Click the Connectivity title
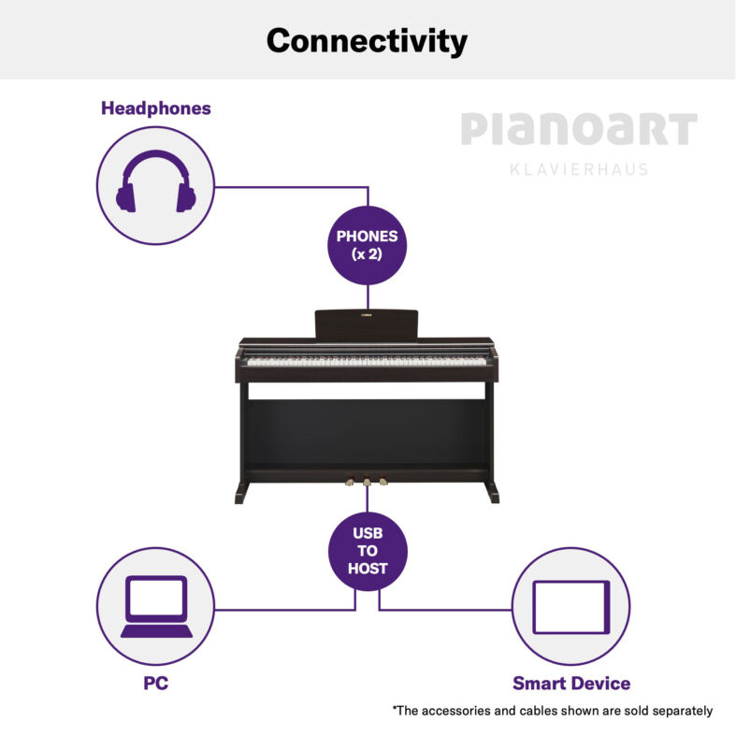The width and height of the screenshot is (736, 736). (367, 41)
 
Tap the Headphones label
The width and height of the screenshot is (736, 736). (156, 108)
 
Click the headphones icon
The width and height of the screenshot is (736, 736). (156, 181)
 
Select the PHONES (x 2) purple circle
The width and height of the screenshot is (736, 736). (367, 245)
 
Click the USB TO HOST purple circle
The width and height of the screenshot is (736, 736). (368, 551)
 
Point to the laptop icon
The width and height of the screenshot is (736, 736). (156, 606)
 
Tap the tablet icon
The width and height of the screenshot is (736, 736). (571, 607)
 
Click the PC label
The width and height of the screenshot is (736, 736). (156, 683)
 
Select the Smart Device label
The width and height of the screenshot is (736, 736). (571, 683)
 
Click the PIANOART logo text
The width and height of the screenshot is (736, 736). (579, 128)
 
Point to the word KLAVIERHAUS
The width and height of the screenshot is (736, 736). (579, 169)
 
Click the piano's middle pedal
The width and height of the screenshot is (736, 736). (367, 482)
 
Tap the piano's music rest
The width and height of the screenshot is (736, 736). (366, 324)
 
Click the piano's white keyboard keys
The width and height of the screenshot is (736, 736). (366, 361)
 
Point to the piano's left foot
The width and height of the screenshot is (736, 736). (241, 493)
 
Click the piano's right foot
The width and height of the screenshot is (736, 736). (492, 493)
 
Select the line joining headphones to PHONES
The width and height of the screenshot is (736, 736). (291, 187)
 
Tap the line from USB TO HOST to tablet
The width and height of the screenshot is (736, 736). (444, 610)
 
